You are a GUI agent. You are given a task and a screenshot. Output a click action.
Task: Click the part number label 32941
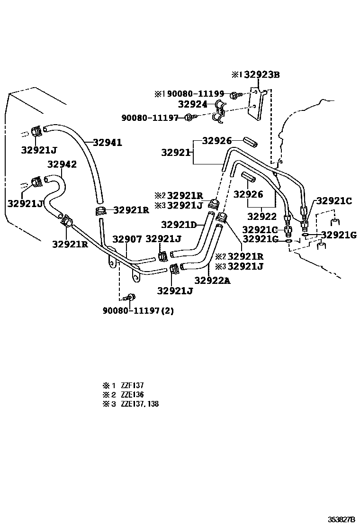coord(108,142)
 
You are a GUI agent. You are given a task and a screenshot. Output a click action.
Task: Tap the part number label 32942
coord(62,164)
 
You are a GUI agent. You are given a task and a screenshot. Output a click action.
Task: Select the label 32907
coord(127,239)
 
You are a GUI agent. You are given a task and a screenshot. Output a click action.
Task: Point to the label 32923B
coord(262,74)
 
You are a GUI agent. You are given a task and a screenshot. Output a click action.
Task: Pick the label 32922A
coord(212,280)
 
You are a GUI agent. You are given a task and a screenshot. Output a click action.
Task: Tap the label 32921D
coord(179,225)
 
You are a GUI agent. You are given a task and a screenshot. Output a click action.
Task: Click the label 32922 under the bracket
coord(261,216)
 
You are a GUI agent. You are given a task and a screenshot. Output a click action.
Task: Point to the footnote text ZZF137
coord(133,386)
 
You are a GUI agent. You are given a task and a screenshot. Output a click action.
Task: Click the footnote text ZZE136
coord(133,395)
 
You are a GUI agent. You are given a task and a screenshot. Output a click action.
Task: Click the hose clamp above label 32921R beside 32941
coord(101,211)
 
